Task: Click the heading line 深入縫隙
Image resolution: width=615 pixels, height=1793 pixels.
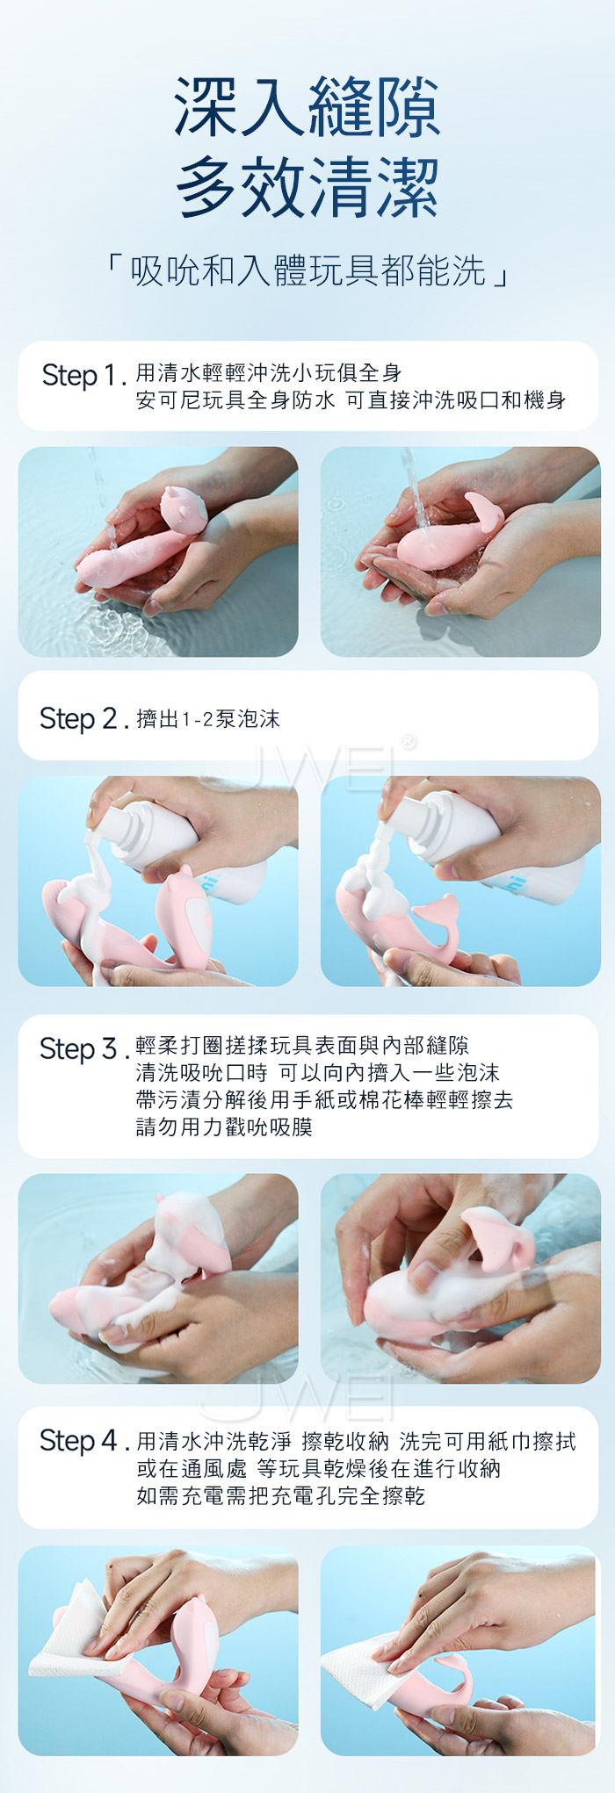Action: tap(307, 107)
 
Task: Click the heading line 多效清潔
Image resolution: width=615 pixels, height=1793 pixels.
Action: tap(307, 187)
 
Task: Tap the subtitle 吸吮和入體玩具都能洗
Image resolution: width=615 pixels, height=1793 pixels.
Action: tap(308, 271)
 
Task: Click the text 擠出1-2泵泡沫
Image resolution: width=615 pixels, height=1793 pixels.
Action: tap(208, 719)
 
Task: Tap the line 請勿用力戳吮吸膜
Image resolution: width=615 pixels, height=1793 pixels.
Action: tap(224, 1127)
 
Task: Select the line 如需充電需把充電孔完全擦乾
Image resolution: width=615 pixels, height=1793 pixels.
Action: tap(281, 1495)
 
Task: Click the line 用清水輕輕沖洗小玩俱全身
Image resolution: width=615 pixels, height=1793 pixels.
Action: tap(269, 373)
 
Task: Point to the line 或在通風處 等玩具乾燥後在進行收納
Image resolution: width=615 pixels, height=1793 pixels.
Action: tap(318, 1468)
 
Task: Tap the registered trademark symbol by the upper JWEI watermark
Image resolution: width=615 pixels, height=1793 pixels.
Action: tap(408, 743)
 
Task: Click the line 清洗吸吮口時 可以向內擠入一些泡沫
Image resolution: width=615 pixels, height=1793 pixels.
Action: tap(318, 1072)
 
